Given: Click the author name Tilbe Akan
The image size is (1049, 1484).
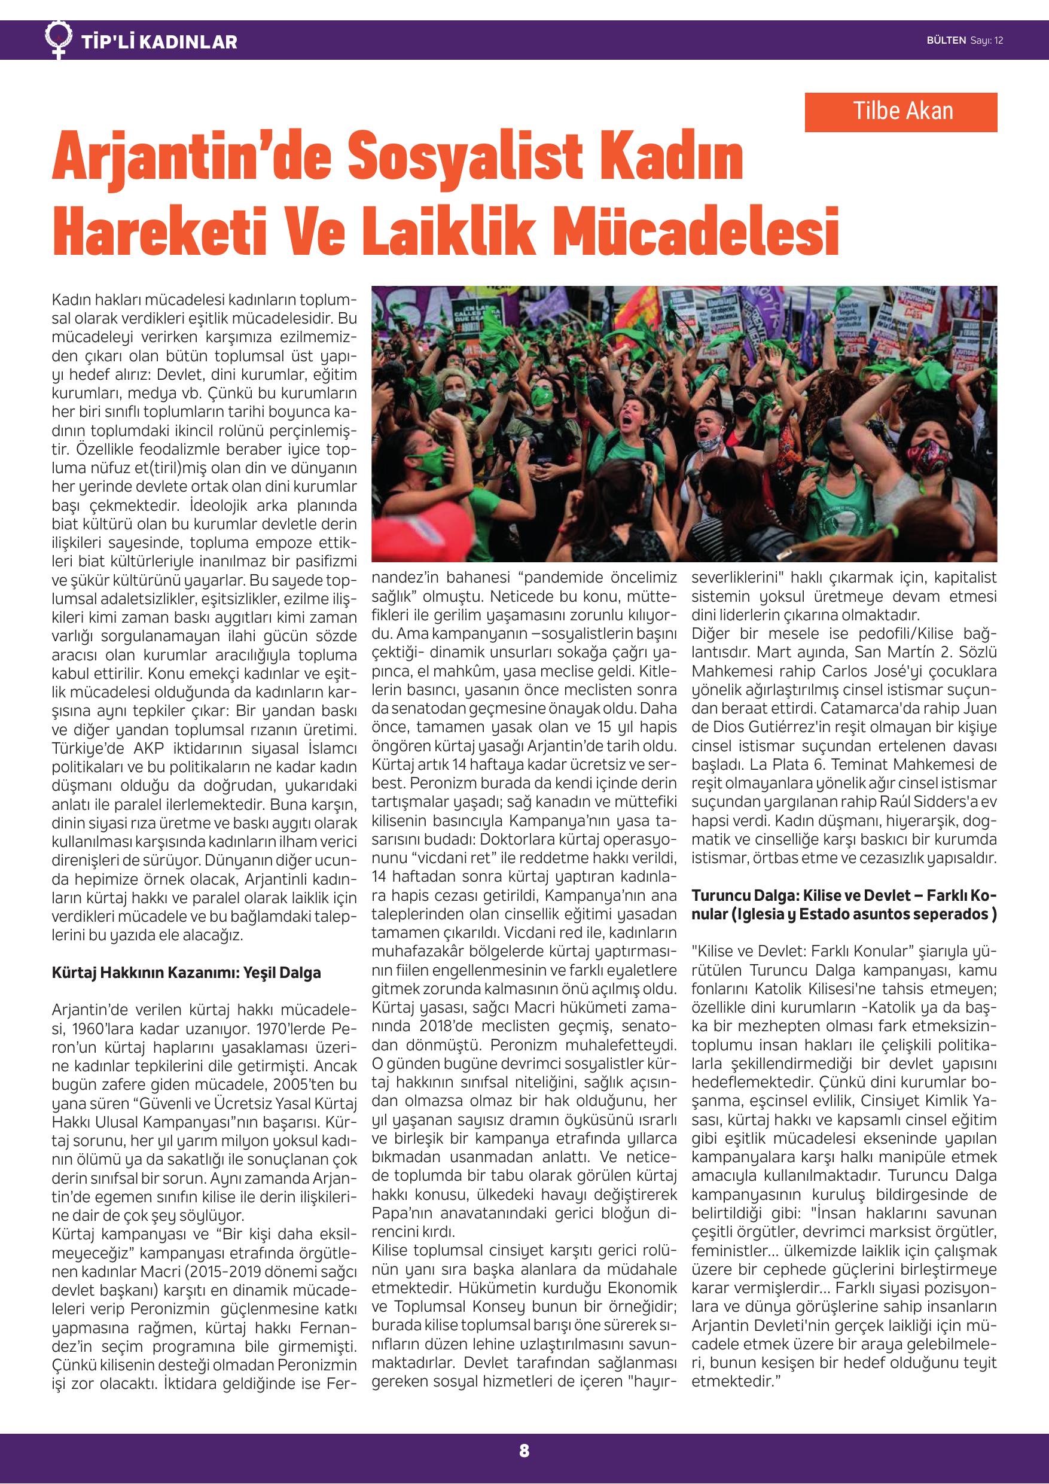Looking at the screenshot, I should pos(902,111).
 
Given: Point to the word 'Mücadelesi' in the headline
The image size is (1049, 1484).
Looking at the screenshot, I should pos(697,232).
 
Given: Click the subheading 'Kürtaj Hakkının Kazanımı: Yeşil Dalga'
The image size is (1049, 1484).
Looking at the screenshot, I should pos(186,973).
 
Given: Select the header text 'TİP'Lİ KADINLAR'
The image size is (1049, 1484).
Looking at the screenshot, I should pos(159,42).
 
